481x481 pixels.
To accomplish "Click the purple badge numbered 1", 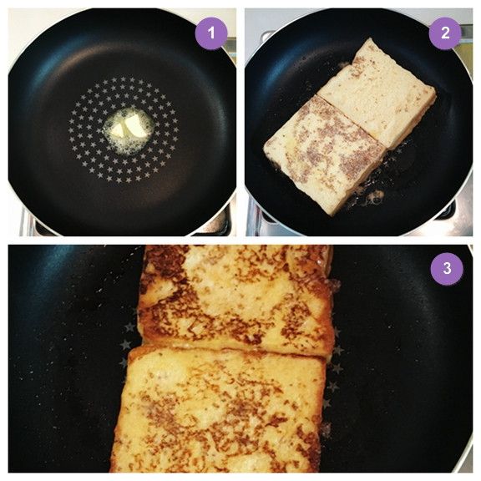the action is click(x=211, y=33).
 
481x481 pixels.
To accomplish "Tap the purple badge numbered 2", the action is click(x=445, y=33).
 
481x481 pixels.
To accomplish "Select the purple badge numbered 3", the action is click(x=447, y=269).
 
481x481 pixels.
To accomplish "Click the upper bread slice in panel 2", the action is click(x=377, y=92).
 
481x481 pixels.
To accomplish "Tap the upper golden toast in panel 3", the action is click(x=236, y=299).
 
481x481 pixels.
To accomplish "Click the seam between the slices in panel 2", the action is click(x=352, y=122).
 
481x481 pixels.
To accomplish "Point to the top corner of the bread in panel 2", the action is click(x=371, y=38).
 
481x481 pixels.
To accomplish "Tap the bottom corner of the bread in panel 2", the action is click(x=333, y=215).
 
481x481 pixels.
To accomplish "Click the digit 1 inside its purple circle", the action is click(x=211, y=33).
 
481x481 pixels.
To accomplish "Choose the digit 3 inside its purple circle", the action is click(x=447, y=268).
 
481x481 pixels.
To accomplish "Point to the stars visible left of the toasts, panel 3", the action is click(x=129, y=341).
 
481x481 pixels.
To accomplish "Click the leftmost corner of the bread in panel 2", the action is click(x=265, y=148).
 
